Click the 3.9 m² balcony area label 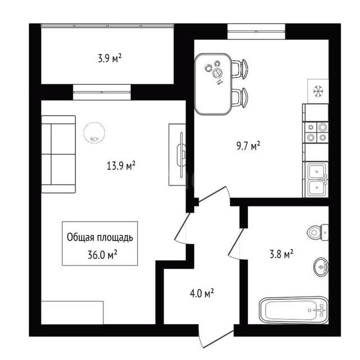(x=110, y=58)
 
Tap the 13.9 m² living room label (x=121, y=165)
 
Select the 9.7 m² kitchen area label (x=248, y=146)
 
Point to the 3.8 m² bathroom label (x=281, y=254)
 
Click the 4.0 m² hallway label (x=202, y=293)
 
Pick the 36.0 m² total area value (x=102, y=254)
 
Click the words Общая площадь (x=100, y=237)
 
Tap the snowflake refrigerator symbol (x=318, y=91)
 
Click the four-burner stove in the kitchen (x=316, y=132)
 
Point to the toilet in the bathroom (x=318, y=232)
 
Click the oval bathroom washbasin (x=321, y=267)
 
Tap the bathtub (x=294, y=310)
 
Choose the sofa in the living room (x=58, y=154)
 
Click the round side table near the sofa (x=94, y=133)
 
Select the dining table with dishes (x=213, y=84)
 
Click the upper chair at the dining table (x=240, y=69)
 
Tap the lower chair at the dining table (x=240, y=97)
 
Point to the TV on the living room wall (x=181, y=155)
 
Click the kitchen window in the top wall (x=256, y=31)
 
